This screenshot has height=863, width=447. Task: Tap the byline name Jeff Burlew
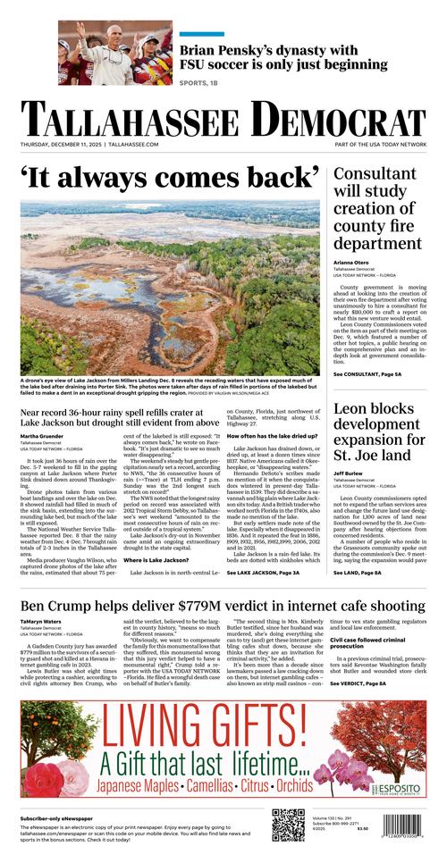click(350, 473)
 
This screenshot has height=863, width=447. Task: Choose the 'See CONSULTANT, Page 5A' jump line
click(367, 374)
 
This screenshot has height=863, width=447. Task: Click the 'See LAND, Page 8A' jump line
click(357, 572)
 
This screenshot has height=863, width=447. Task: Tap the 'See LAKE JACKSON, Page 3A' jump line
click(268, 572)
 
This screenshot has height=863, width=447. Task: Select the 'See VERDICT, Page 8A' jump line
click(358, 683)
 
